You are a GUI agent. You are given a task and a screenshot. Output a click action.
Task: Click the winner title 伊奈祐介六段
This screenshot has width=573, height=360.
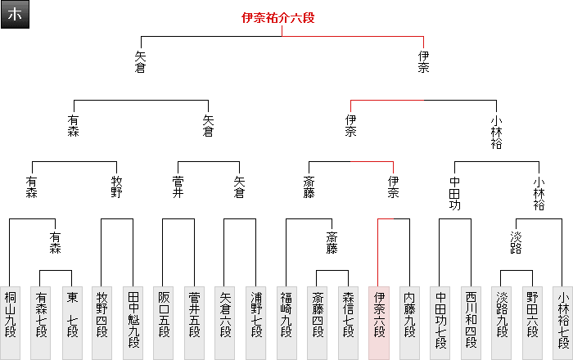point(278,17)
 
